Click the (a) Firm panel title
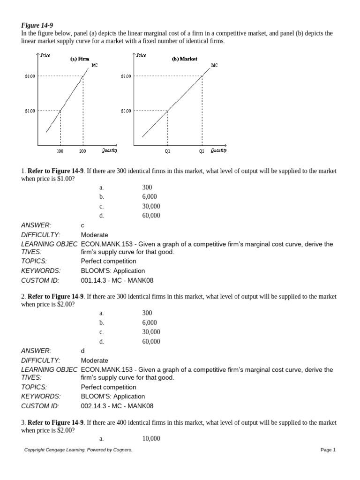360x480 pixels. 80,59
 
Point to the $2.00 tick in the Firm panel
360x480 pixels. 30,76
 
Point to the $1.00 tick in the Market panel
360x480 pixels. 126,111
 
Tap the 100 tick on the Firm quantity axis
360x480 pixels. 60,151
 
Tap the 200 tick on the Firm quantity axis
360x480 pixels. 83,151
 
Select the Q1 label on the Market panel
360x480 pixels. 168,151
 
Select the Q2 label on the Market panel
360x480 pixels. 202,151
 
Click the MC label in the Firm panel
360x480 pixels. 95,65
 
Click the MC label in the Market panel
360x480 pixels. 214,65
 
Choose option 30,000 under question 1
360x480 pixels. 151,206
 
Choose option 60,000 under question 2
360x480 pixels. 151,341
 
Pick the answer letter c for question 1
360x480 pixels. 83,225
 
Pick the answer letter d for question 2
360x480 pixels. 83,351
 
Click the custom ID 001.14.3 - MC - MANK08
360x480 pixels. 117,280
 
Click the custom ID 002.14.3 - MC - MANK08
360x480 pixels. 117,406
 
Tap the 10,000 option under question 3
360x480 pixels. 151,439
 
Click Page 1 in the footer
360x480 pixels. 328,450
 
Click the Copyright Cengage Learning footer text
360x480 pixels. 78,450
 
